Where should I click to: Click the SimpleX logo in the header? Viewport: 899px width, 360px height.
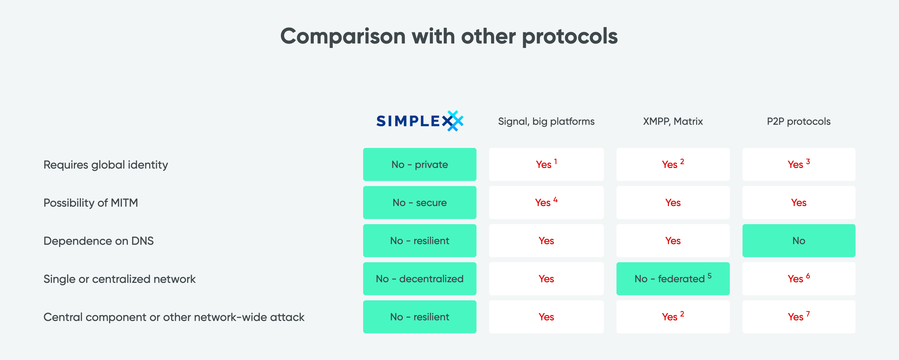pos(420,121)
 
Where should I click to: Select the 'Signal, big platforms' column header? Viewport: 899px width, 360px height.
pos(546,122)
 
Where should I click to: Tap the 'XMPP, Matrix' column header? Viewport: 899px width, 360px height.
pos(673,122)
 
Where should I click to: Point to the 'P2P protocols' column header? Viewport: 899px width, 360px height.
pos(798,122)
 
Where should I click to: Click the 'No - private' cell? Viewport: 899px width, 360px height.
pos(419,164)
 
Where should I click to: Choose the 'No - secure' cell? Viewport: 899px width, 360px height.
pos(419,203)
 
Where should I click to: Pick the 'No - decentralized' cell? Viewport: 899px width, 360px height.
pos(419,279)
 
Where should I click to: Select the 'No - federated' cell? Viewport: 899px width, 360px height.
pos(673,279)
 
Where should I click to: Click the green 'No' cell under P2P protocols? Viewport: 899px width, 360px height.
pos(799,241)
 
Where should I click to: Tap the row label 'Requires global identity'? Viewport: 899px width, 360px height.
pos(106,165)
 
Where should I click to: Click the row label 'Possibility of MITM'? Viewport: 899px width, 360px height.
pos(91,203)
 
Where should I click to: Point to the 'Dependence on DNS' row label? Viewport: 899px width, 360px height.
pos(98,241)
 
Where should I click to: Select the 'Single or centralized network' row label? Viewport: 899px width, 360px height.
pos(119,279)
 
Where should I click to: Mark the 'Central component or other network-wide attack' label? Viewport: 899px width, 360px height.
pos(174,317)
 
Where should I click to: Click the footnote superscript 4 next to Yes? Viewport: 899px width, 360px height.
pos(555,200)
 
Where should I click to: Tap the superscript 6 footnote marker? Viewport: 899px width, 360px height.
pos(808,276)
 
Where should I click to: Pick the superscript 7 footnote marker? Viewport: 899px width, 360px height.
pos(808,314)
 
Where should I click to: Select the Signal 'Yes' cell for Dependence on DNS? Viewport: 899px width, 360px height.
pos(546,241)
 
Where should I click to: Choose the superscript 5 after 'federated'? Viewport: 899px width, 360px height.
pos(709,276)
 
